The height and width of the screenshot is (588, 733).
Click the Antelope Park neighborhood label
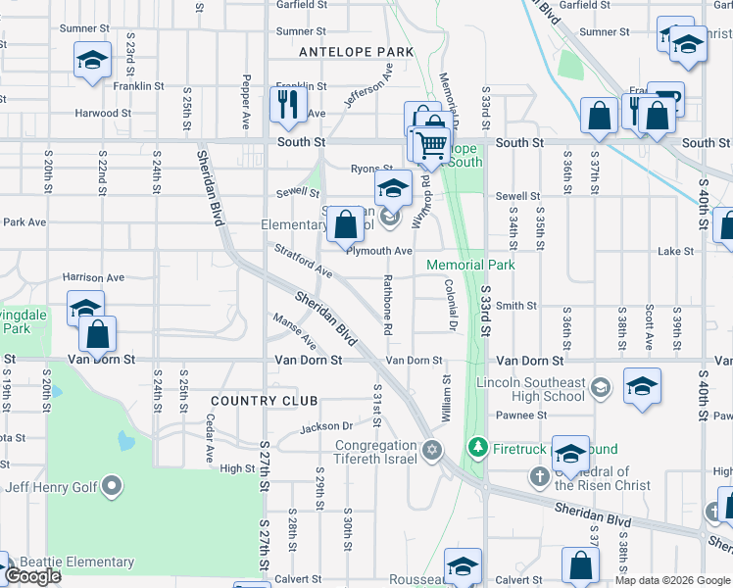357,51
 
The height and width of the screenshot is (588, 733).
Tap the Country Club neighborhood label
265,401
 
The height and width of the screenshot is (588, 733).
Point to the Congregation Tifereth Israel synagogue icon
432,451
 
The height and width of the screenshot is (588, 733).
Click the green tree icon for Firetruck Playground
478,449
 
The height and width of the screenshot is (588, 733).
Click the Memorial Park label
470,265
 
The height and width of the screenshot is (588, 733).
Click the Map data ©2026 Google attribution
671,580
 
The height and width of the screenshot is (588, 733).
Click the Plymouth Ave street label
379,251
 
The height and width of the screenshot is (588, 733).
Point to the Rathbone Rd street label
387,305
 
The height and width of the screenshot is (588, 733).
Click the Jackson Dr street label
326,427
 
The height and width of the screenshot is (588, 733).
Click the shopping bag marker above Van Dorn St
98,334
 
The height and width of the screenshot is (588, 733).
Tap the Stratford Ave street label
303,260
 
